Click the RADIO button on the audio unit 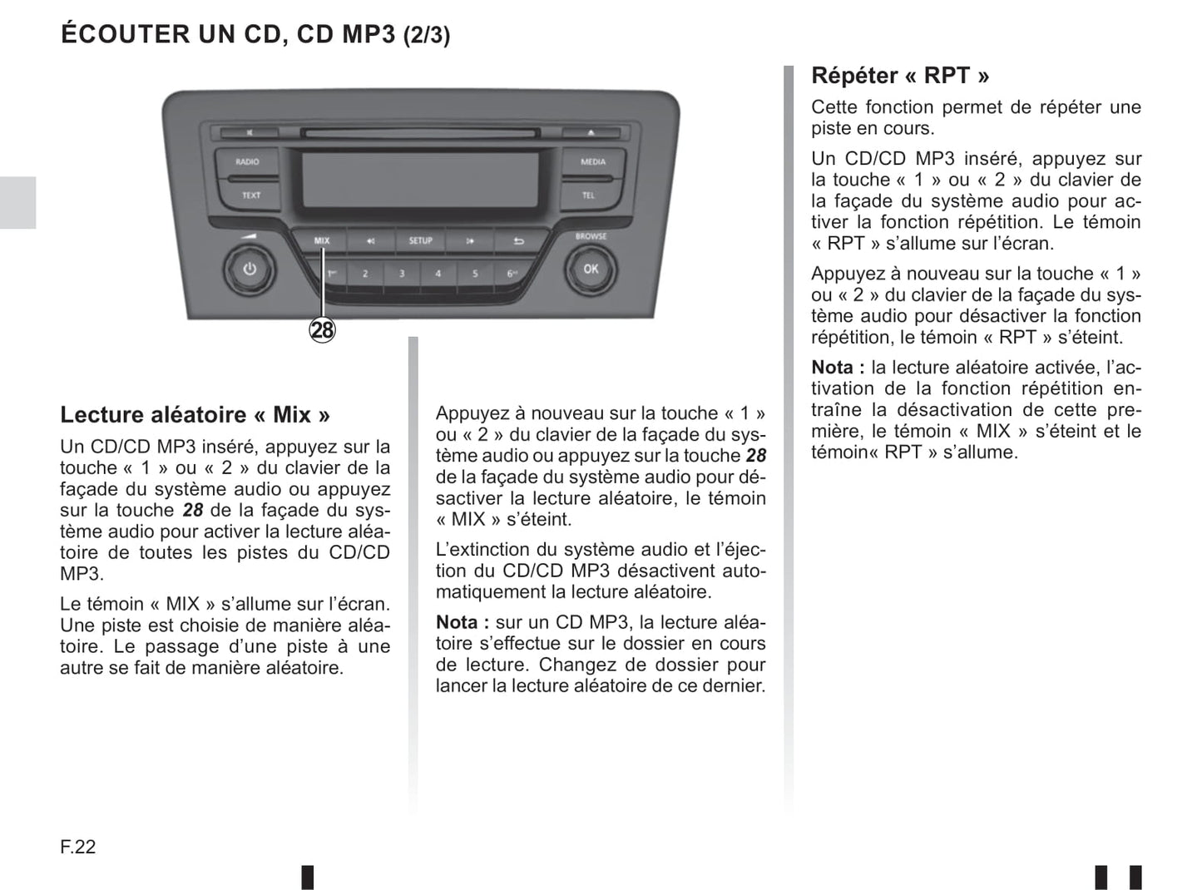[x=247, y=162]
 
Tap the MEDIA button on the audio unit [x=593, y=161]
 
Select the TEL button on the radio [x=589, y=195]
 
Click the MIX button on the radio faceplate [x=321, y=240]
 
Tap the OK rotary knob [x=591, y=269]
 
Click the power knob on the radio [x=250, y=269]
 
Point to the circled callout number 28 [x=323, y=329]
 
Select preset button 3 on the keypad [x=402, y=274]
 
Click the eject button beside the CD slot [x=591, y=132]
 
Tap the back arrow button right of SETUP [x=518, y=240]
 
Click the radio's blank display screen [x=420, y=180]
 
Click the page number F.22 [x=78, y=847]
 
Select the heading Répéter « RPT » [x=900, y=76]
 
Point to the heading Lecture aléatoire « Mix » [x=195, y=415]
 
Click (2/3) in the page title [x=427, y=35]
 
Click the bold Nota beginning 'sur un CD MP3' [x=462, y=622]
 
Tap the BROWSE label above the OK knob [x=591, y=236]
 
